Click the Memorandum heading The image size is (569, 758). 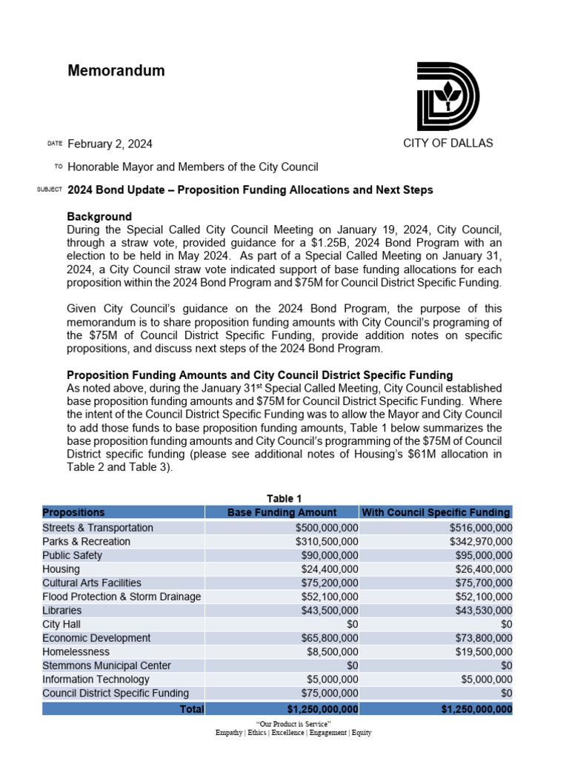[x=116, y=71]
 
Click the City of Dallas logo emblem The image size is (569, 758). [x=447, y=96]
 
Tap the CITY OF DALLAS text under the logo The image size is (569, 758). [x=447, y=143]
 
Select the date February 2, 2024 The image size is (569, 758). [x=110, y=144]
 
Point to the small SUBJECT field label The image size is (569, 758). [x=49, y=190]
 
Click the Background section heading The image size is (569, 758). [x=99, y=217]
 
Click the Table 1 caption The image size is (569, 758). [x=284, y=498]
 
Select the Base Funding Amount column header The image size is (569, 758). [x=282, y=512]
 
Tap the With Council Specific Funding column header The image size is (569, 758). [x=436, y=512]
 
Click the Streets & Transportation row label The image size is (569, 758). [x=98, y=528]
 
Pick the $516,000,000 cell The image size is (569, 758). [x=480, y=528]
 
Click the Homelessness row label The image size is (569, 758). [x=76, y=652]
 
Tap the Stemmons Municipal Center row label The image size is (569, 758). [x=107, y=665]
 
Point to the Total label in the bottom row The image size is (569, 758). [x=192, y=708]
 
